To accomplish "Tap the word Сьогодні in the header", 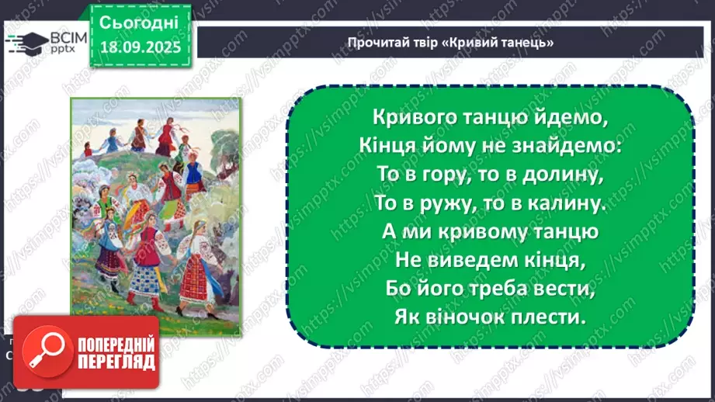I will pyautogui.click(x=140, y=21).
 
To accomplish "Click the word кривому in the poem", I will pyautogui.click(x=476, y=233).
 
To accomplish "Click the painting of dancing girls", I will pyautogui.click(x=154, y=205).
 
